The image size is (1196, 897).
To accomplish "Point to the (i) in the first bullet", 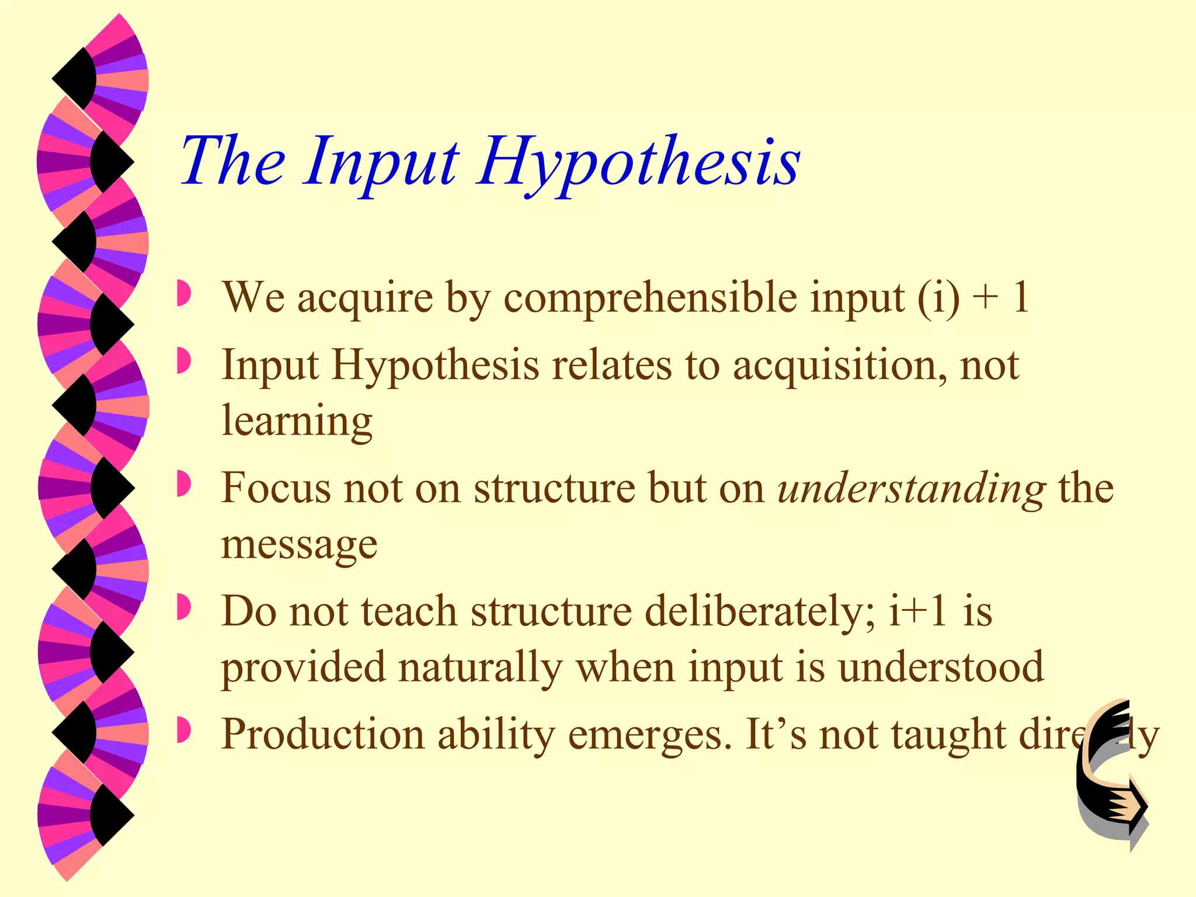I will pos(938,298).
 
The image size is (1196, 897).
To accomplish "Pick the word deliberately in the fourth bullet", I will pos(760,612).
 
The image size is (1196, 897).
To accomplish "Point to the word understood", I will pos(941,667).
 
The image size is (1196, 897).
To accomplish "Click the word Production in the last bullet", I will pos(323,735).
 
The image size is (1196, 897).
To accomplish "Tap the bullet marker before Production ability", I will pos(183,731).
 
